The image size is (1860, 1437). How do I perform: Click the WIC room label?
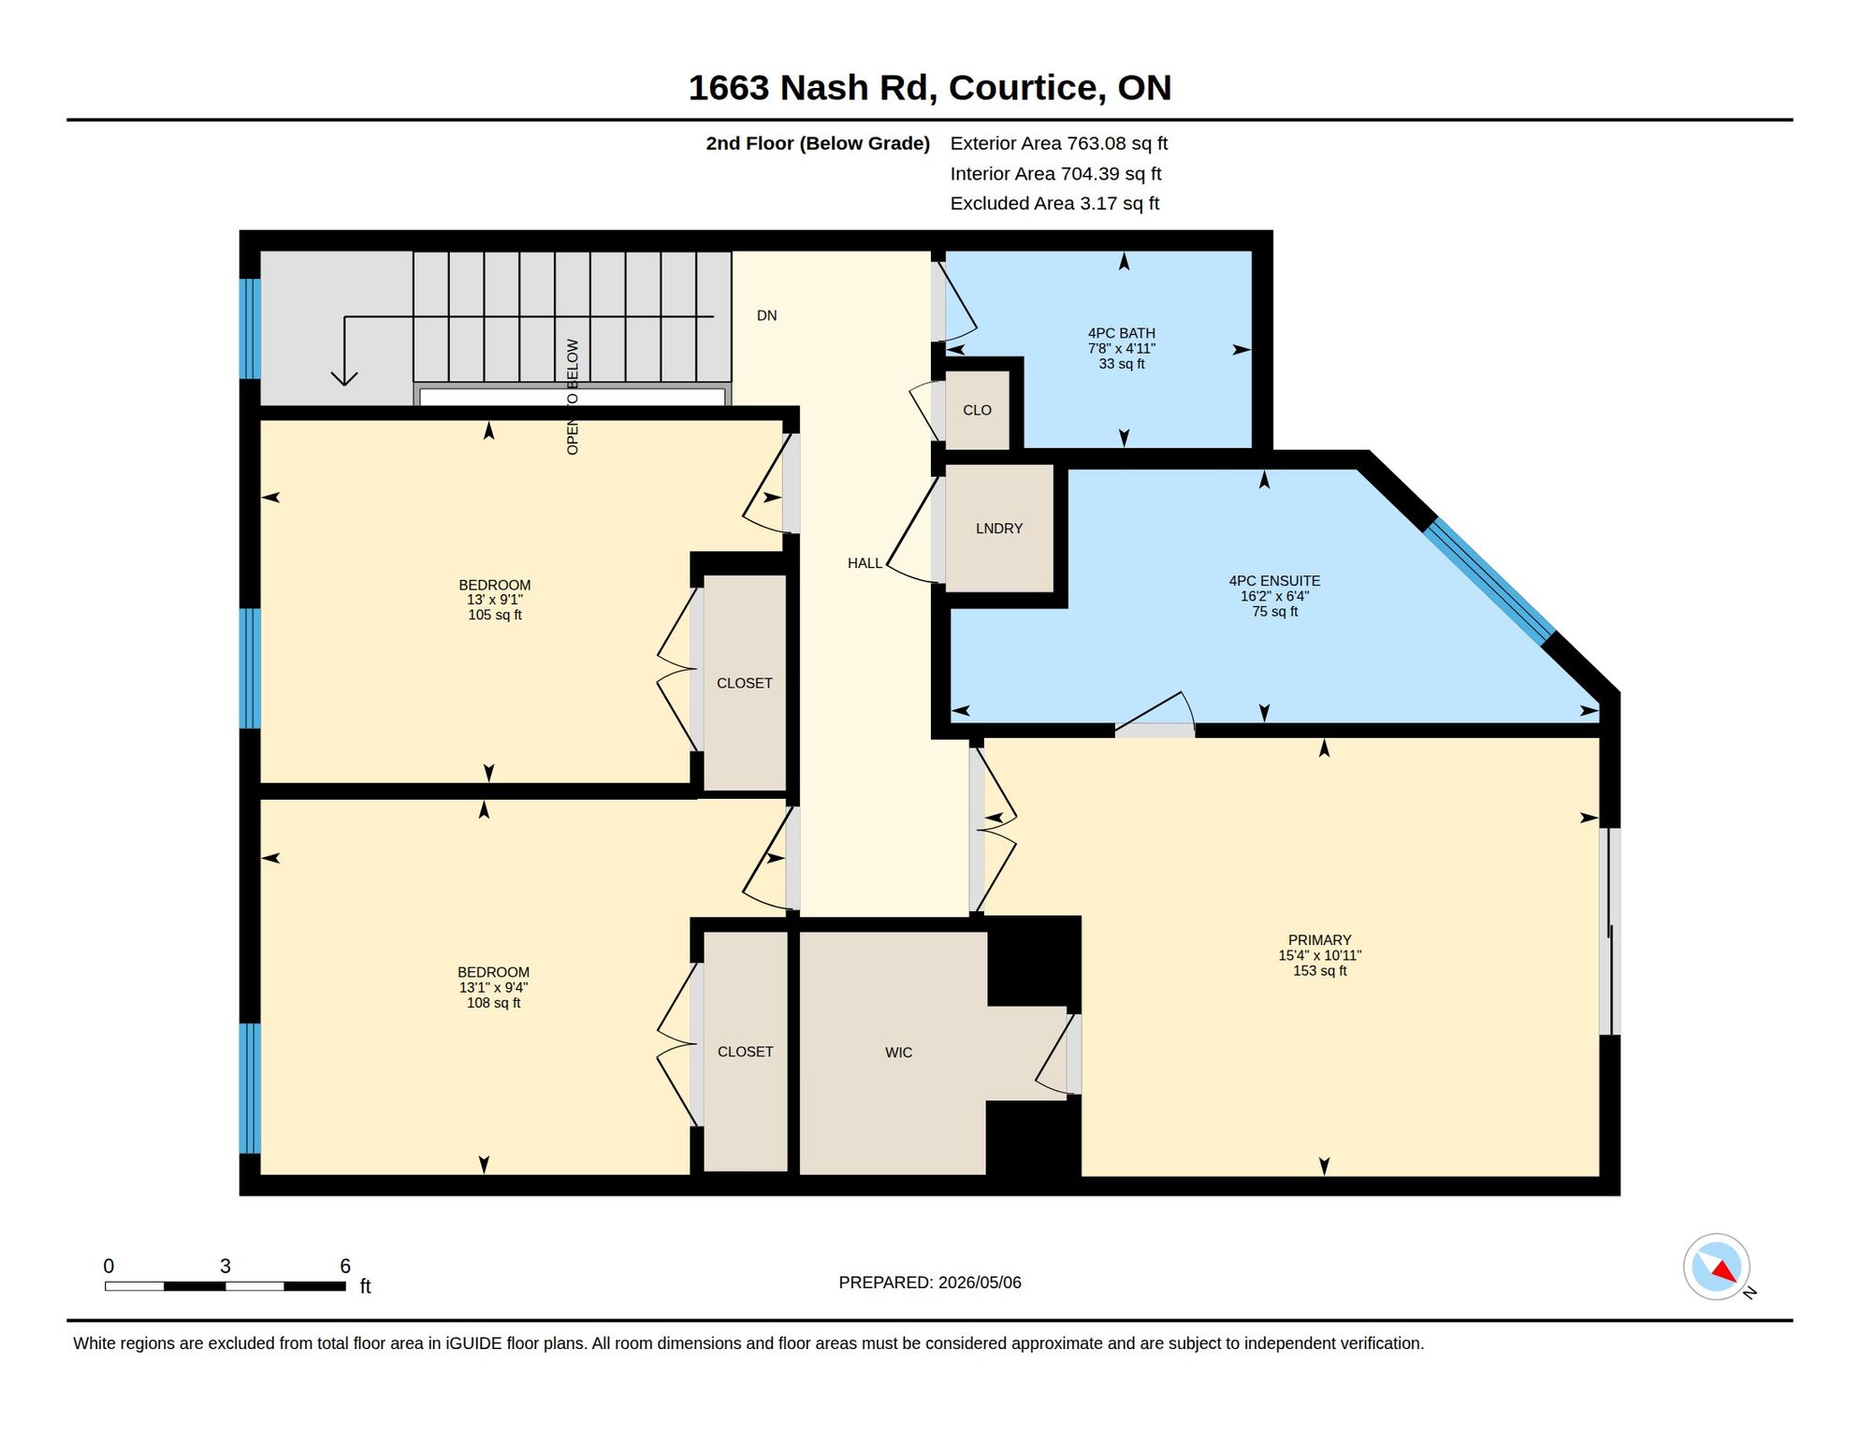coord(898,1052)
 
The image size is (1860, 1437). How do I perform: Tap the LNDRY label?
coord(999,529)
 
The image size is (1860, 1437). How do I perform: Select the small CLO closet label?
coord(977,410)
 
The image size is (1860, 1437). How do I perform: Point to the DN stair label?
coord(766,315)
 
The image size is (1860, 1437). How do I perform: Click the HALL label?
coord(865,563)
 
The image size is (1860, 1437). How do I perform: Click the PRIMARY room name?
coord(1319,940)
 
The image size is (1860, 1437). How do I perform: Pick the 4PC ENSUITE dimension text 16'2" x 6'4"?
coord(1274,596)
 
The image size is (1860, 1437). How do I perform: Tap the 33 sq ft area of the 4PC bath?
coord(1122,364)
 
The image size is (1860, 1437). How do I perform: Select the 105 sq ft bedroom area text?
coord(495,615)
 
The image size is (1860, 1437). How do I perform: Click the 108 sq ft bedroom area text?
coord(493,1003)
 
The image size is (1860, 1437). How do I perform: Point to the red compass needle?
coord(1724,1270)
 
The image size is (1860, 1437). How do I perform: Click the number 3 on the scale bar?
coord(225,1266)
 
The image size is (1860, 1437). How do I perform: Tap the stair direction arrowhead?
coord(344,378)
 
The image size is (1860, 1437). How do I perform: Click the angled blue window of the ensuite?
coord(1489,582)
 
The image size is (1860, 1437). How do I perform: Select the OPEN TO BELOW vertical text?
coord(573,397)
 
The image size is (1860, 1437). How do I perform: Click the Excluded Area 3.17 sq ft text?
coord(1054,203)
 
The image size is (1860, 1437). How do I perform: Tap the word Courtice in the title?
coord(1023,87)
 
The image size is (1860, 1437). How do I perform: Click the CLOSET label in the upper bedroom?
coord(744,683)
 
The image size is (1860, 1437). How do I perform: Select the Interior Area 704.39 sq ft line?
coord(1055,173)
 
